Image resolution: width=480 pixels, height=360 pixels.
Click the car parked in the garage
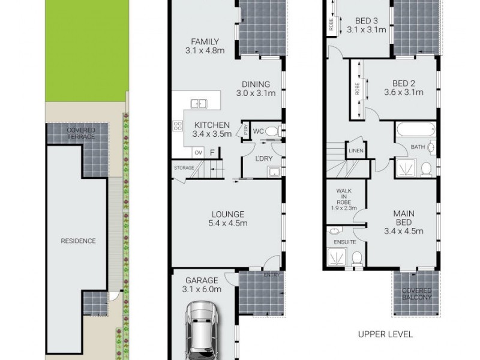tap(202, 330)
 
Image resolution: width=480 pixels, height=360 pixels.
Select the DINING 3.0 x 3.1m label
tap(256, 89)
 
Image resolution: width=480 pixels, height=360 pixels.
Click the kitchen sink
tap(198, 104)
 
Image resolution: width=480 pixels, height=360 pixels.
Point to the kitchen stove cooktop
tap(178, 126)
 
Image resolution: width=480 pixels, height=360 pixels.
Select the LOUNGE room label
tap(227, 218)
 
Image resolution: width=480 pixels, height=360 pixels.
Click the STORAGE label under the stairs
tap(184, 168)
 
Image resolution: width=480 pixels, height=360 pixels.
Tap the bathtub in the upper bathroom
tap(418, 129)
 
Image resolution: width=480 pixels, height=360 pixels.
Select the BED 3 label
tap(365, 23)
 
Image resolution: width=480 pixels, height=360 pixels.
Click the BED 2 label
tap(403, 88)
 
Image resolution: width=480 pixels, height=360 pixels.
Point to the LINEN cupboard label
tap(355, 151)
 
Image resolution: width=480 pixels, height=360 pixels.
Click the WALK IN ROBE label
tap(344, 199)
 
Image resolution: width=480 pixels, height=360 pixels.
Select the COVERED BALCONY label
tap(416, 293)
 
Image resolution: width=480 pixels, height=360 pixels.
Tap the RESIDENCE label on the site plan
tap(79, 241)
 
